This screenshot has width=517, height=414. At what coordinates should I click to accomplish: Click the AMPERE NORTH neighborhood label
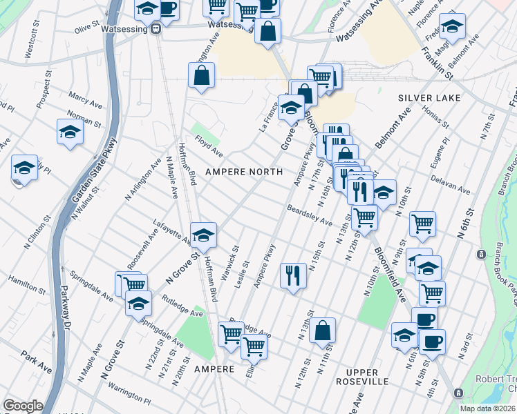point(243,171)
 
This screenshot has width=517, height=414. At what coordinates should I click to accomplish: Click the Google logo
point(23,406)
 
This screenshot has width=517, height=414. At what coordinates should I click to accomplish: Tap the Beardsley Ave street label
point(310,215)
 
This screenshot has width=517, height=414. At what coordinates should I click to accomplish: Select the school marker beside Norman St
point(70,131)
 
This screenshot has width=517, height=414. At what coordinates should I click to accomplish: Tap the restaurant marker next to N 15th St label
point(293,275)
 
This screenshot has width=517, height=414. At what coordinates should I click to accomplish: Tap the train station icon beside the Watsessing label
point(157,28)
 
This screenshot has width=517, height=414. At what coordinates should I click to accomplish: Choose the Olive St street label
point(88,28)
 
